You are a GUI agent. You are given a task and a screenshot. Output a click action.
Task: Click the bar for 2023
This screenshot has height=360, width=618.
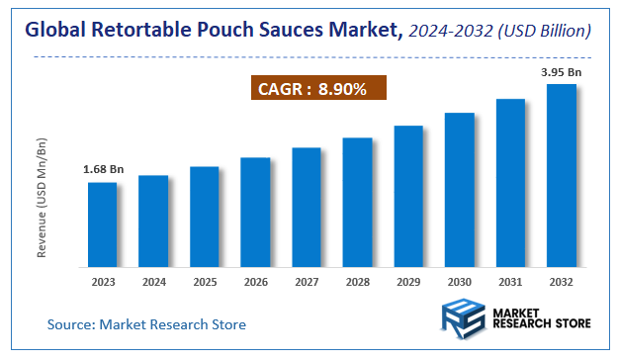tap(102, 225)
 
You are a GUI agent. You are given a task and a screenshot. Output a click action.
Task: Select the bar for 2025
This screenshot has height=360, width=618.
tap(204, 217)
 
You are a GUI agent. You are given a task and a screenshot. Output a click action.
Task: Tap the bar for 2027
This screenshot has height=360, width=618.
tap(307, 208)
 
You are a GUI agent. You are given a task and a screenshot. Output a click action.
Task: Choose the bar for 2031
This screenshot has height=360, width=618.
tap(510, 183)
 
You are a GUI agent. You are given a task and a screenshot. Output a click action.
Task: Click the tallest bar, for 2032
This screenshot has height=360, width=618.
tap(562, 175)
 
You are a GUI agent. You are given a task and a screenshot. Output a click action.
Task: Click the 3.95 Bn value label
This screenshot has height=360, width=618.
tap(562, 72)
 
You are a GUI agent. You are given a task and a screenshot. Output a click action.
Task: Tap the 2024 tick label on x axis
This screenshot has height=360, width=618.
tap(153, 282)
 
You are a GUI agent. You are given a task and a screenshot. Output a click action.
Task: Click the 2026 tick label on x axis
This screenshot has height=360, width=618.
tap(255, 282)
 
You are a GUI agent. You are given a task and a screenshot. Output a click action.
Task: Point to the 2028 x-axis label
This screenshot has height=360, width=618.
tap(357, 282)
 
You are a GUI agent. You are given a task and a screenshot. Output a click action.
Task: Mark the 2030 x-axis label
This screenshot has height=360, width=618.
tap(459, 282)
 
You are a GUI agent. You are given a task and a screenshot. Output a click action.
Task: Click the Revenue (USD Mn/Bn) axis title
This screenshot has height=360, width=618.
tap(43, 199)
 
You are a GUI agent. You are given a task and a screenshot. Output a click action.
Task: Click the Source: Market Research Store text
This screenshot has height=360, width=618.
tap(146, 324)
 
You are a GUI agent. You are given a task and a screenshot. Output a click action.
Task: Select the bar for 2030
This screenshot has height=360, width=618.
tap(459, 190)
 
